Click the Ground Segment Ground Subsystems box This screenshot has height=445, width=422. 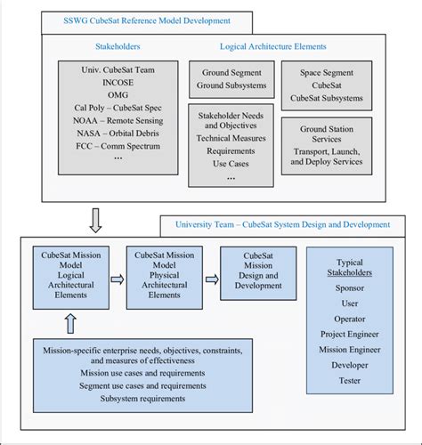click(x=231, y=79)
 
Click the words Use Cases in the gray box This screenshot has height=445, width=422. click(x=231, y=164)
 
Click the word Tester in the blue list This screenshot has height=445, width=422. click(x=350, y=380)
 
